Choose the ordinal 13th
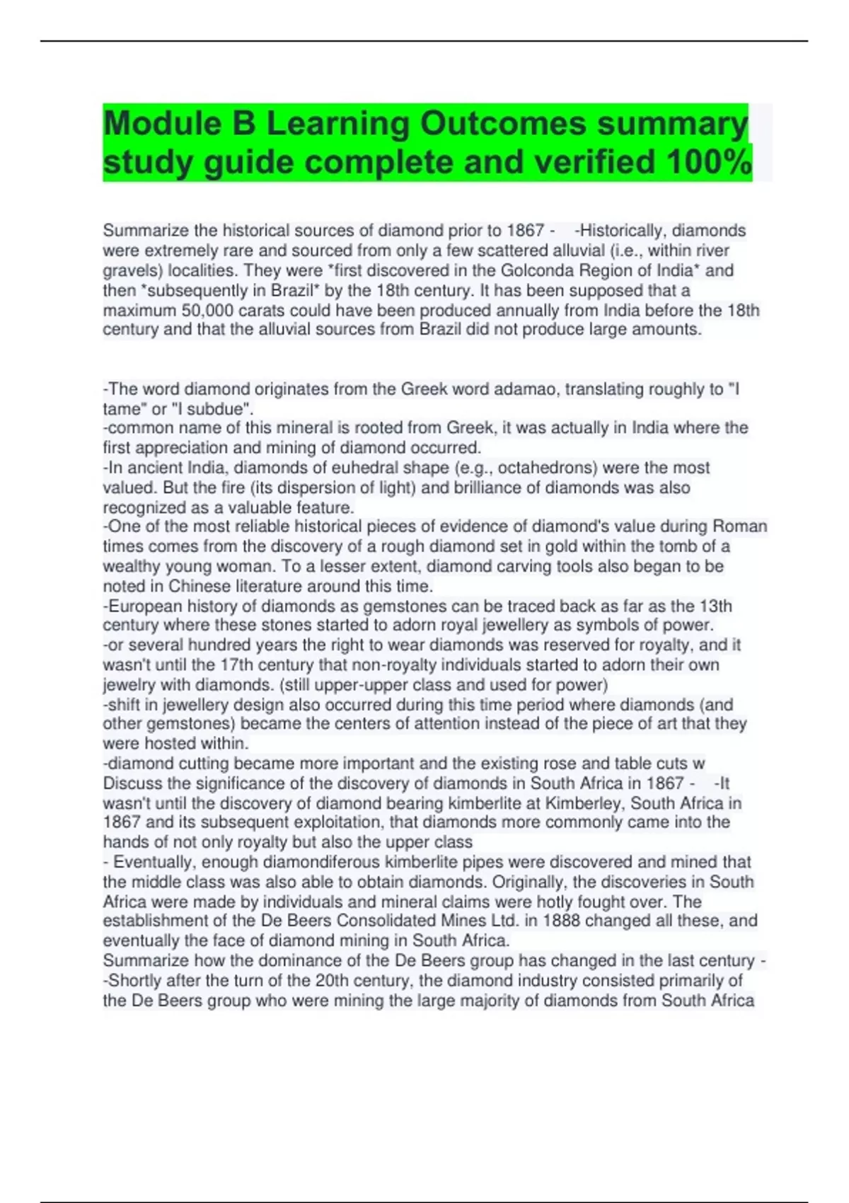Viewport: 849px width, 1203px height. [x=715, y=606]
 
